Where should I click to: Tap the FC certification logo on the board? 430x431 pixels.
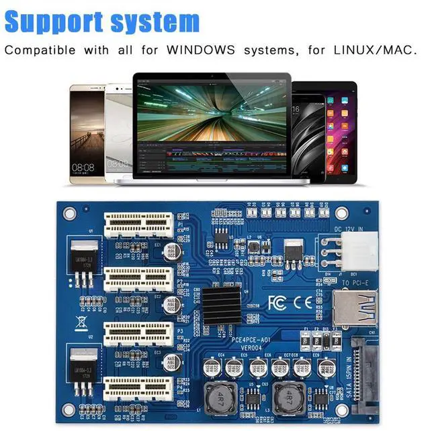pyautogui.click(x=276, y=302)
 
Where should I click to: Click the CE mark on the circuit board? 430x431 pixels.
pyautogui.click(x=302, y=302)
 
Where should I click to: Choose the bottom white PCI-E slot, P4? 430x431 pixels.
pyautogui.click(x=138, y=389)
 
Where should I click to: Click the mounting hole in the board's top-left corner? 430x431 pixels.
pyautogui.click(x=68, y=214)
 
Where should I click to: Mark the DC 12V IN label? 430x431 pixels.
pyautogui.click(x=351, y=230)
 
